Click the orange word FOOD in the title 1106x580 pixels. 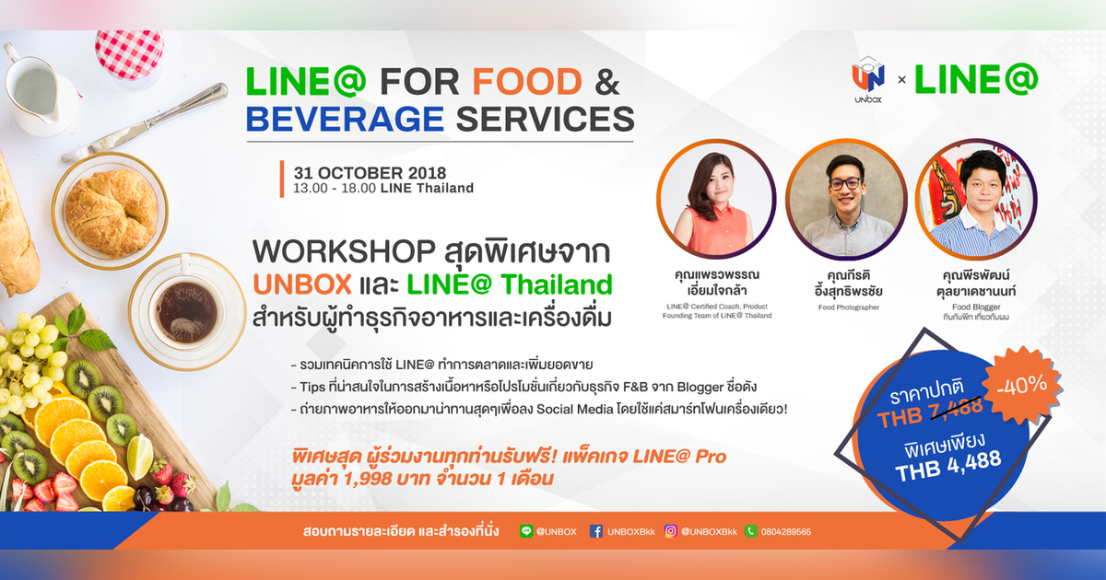click(527, 82)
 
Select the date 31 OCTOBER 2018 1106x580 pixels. click(370, 173)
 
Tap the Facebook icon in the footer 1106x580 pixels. click(595, 531)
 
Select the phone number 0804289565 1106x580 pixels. click(787, 532)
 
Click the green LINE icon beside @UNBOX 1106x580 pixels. click(526, 531)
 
